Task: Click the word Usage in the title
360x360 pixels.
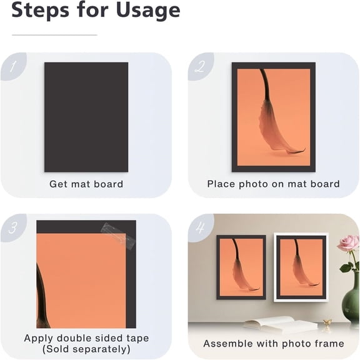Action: point(141,10)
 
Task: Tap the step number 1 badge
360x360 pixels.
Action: point(12,66)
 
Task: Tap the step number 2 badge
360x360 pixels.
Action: point(199,66)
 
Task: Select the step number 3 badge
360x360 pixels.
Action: point(12,227)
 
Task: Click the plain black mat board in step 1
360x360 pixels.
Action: point(86,117)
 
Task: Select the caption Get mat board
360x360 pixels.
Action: point(86,184)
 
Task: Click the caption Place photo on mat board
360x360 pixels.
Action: point(273,184)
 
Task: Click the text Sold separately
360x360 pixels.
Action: point(86,349)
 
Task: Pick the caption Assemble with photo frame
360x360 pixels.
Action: point(273,344)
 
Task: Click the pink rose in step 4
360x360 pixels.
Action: point(348,243)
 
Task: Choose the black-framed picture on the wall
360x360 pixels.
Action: point(241,266)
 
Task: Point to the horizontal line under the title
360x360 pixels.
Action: point(54,35)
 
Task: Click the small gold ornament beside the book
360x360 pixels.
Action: point(327,322)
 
